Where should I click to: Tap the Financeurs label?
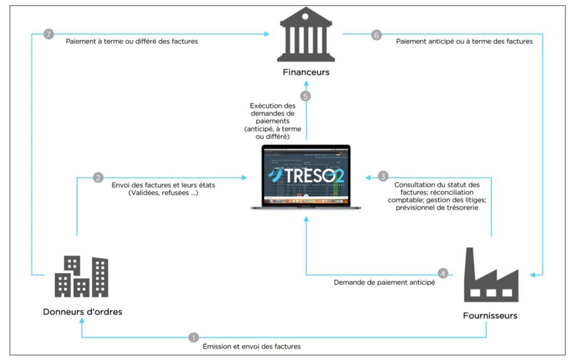pos(305,72)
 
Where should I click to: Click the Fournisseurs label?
pos(490,316)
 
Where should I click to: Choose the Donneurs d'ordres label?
pos(83,311)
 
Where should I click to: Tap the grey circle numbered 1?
pos(194,337)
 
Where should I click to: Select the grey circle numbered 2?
pos(98,177)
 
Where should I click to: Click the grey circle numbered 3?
pos(383,176)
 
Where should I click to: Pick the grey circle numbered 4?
pos(442,274)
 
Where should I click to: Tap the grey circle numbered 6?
pos(376,35)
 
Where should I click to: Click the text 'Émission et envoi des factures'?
pos(252,346)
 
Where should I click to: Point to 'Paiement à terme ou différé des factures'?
pos(132,42)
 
